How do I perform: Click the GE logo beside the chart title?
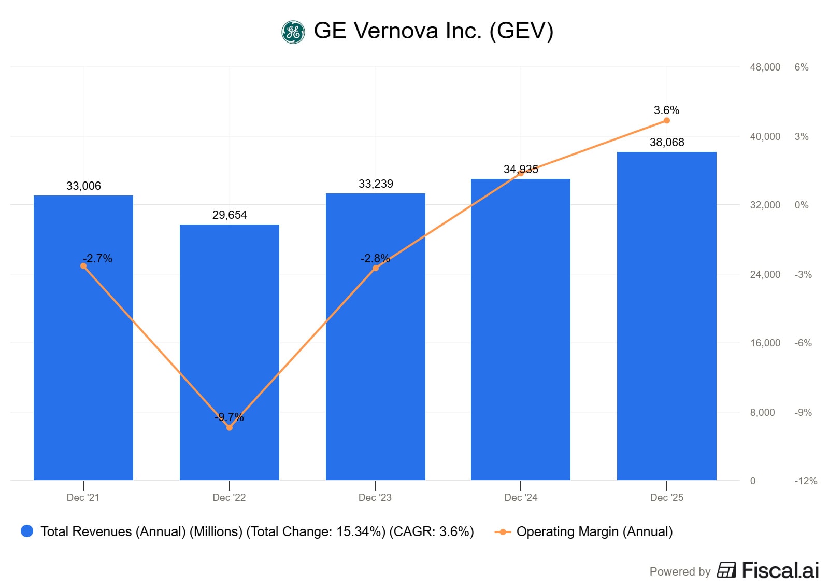point(293,32)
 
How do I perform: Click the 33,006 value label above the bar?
point(83,186)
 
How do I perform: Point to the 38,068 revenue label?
point(667,142)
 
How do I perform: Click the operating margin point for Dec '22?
point(230,427)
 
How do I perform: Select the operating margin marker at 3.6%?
point(667,120)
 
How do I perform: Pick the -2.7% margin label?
point(97,258)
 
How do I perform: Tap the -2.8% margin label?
point(375,258)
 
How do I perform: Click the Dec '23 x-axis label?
point(375,497)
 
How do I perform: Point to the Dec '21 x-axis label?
point(83,497)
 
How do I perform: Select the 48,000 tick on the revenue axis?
point(765,67)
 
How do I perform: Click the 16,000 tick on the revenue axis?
point(765,343)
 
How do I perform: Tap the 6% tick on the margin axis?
point(801,67)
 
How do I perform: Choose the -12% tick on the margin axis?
point(806,481)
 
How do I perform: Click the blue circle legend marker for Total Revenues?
point(27,531)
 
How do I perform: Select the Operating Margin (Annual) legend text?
point(594,531)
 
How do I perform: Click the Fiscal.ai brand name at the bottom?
point(780,570)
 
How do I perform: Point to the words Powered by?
point(680,571)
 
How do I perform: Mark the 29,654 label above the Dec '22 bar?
point(230,215)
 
